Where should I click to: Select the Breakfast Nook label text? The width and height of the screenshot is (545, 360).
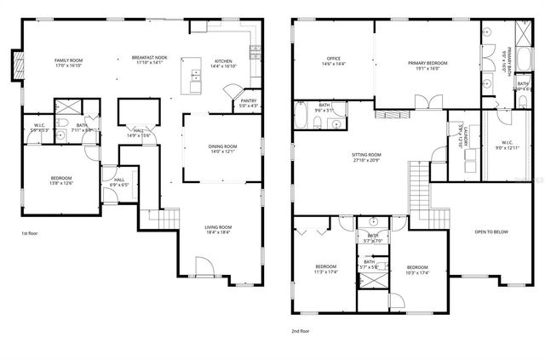coord(149,58)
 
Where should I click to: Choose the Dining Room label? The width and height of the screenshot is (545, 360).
coord(222,147)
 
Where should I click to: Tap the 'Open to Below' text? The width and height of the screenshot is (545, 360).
coord(492,231)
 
